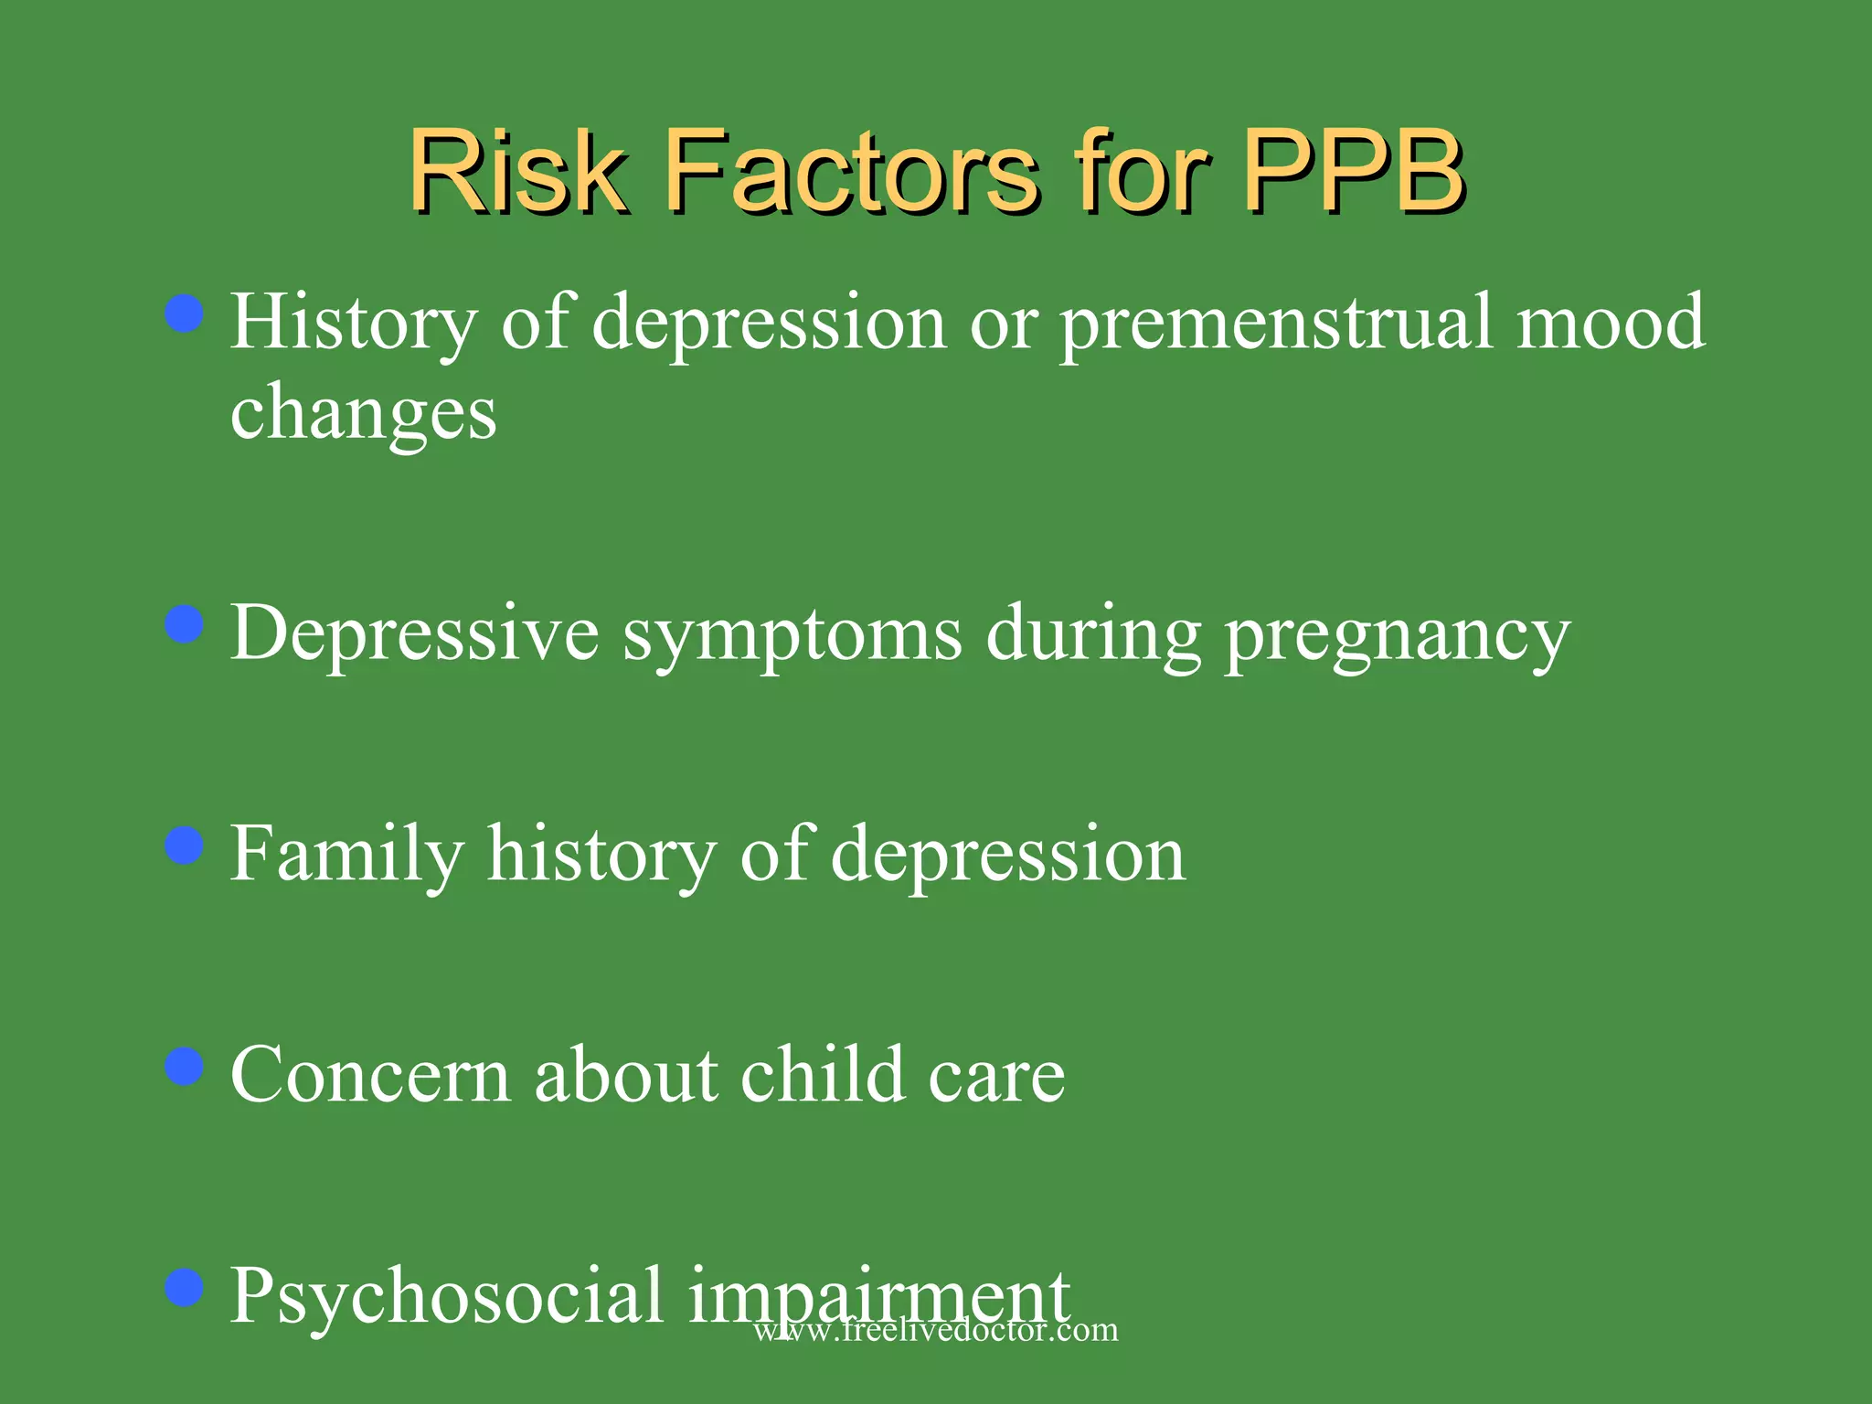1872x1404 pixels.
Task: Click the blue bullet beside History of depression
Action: pyautogui.click(x=185, y=314)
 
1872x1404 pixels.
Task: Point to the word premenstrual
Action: pyautogui.click(x=1276, y=324)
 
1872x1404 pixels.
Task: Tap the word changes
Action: pyautogui.click(x=363, y=413)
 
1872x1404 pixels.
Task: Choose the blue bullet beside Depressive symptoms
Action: pyautogui.click(x=185, y=625)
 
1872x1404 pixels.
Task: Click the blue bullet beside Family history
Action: pyautogui.click(x=185, y=846)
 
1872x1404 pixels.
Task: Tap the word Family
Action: pyautogui.click(x=346, y=855)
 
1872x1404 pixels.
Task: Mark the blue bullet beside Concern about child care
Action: pyautogui.click(x=185, y=1066)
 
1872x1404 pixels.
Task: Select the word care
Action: pyautogui.click(x=996, y=1077)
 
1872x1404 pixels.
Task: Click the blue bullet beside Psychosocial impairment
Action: pyautogui.click(x=185, y=1288)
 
